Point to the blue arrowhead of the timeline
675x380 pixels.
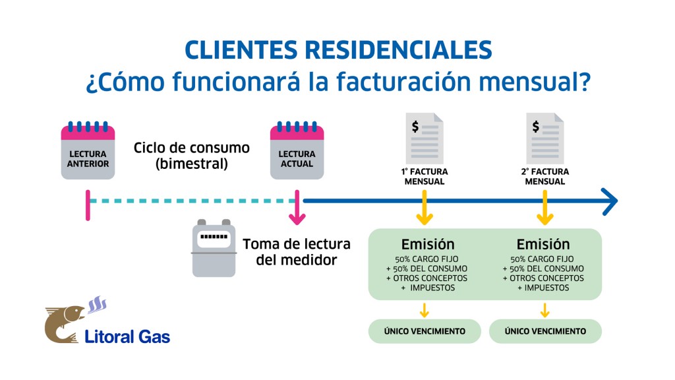pyautogui.click(x=610, y=201)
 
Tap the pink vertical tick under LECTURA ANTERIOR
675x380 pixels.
pyautogui.click(x=88, y=205)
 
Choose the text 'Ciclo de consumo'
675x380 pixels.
pyautogui.click(x=192, y=148)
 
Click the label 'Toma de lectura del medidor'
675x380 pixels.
pyautogui.click(x=297, y=252)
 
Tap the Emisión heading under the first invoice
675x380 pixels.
pyautogui.click(x=427, y=244)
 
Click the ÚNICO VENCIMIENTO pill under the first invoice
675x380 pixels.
pyautogui.click(x=425, y=331)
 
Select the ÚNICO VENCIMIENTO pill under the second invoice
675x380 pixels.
pyautogui.click(x=545, y=331)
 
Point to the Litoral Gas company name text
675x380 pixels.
pyautogui.click(x=127, y=336)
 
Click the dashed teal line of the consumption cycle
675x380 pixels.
pyautogui.click(x=191, y=201)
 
